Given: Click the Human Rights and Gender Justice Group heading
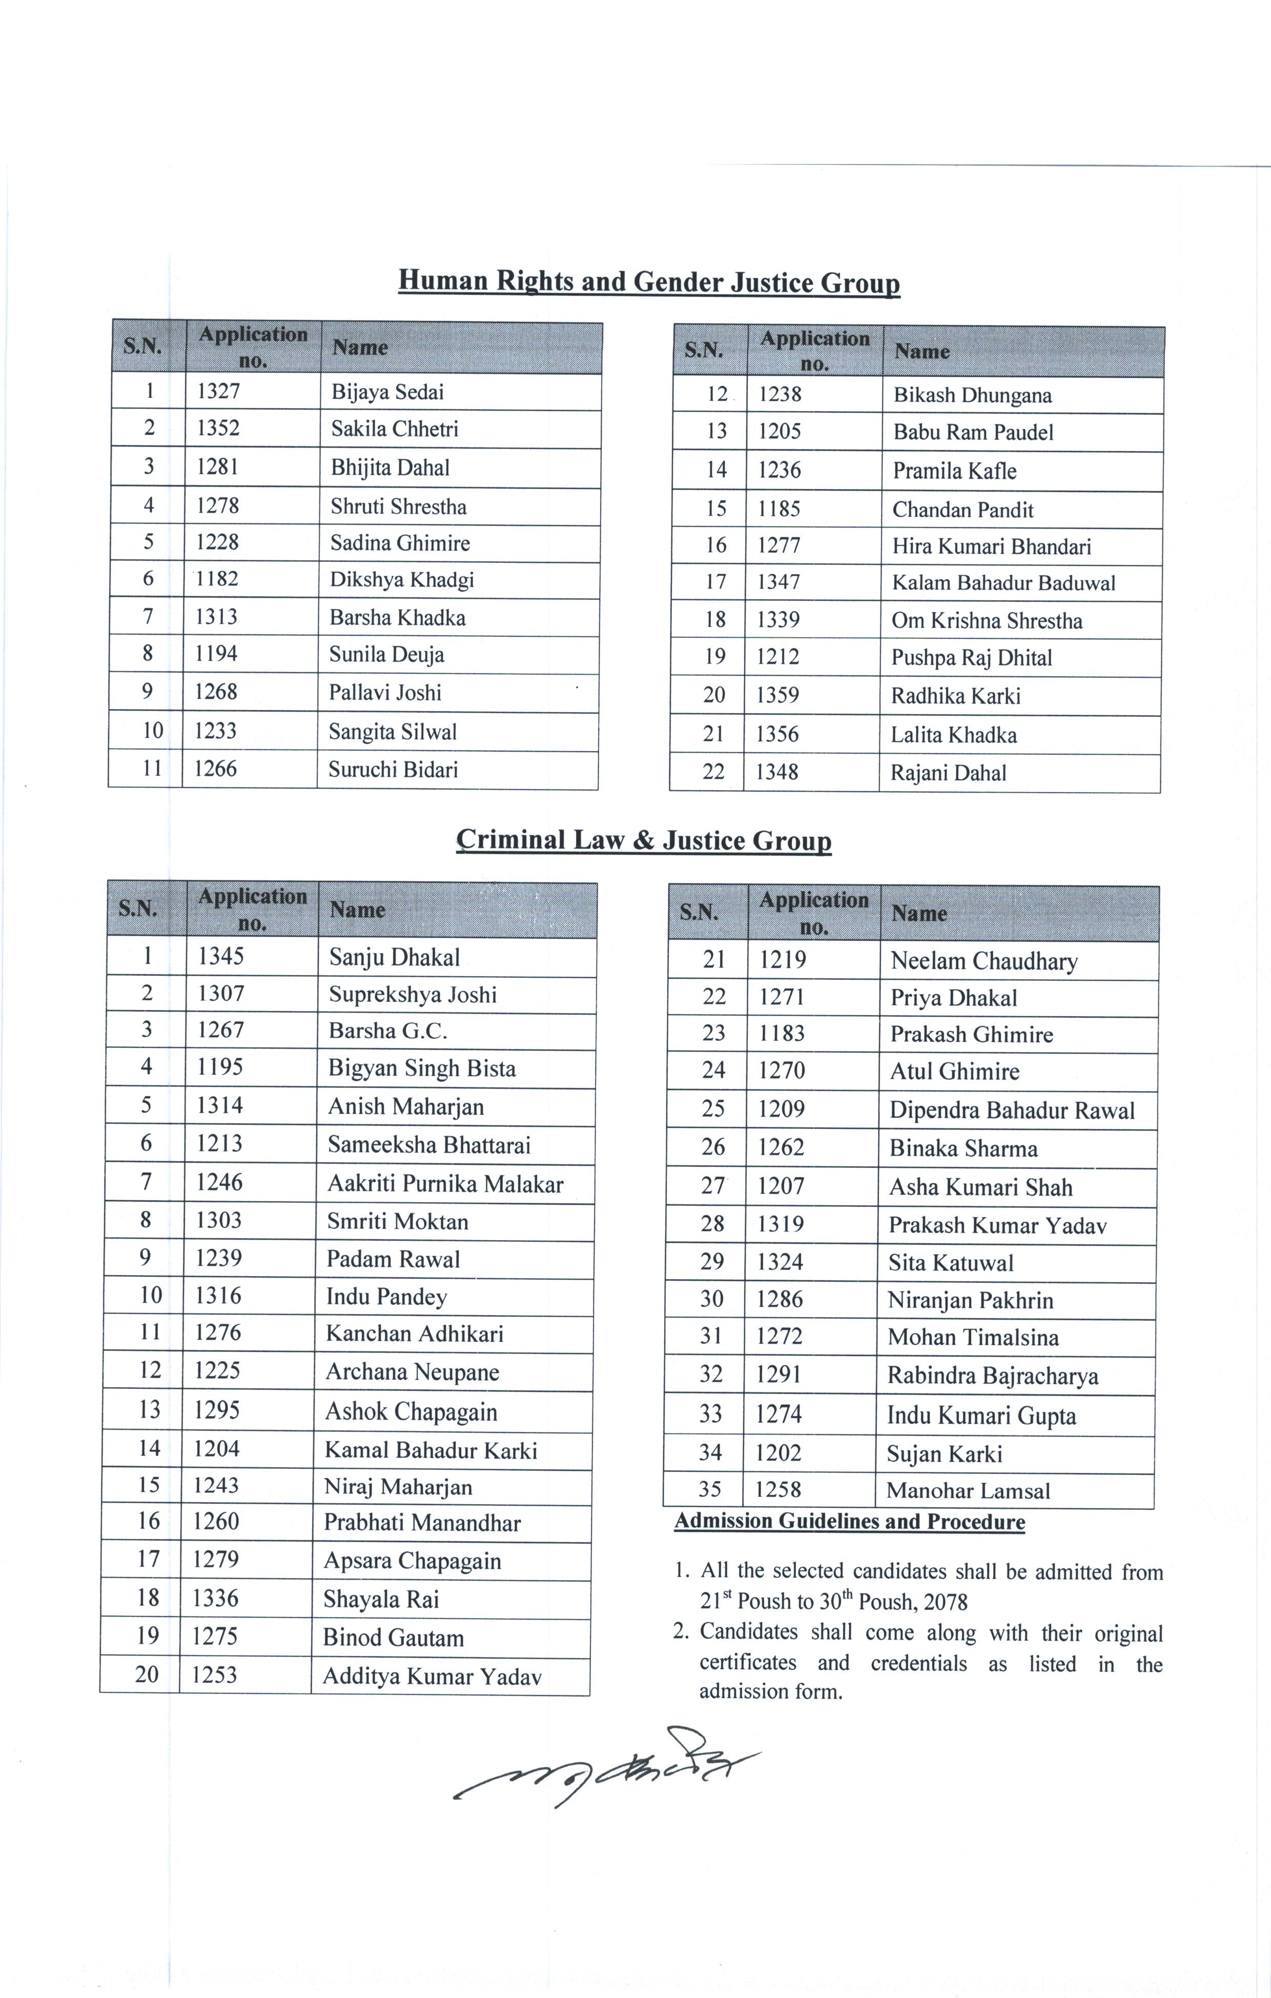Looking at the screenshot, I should (x=649, y=282).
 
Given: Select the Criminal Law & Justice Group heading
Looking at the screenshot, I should (x=644, y=840).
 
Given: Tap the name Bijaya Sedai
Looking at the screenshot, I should (x=387, y=392).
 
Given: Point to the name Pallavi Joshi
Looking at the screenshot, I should (x=385, y=693).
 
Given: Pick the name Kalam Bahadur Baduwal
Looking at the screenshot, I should (x=1003, y=582).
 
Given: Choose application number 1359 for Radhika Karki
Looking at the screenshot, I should (x=777, y=695).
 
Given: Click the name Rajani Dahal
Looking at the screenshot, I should (x=948, y=773).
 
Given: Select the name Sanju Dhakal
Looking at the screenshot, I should (x=394, y=958).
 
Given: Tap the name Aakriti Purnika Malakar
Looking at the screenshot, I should (x=445, y=1183).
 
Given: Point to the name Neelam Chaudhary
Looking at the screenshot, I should (x=984, y=961).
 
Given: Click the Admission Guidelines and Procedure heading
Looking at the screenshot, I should (x=850, y=1522).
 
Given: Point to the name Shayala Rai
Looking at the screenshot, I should (x=381, y=1599).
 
